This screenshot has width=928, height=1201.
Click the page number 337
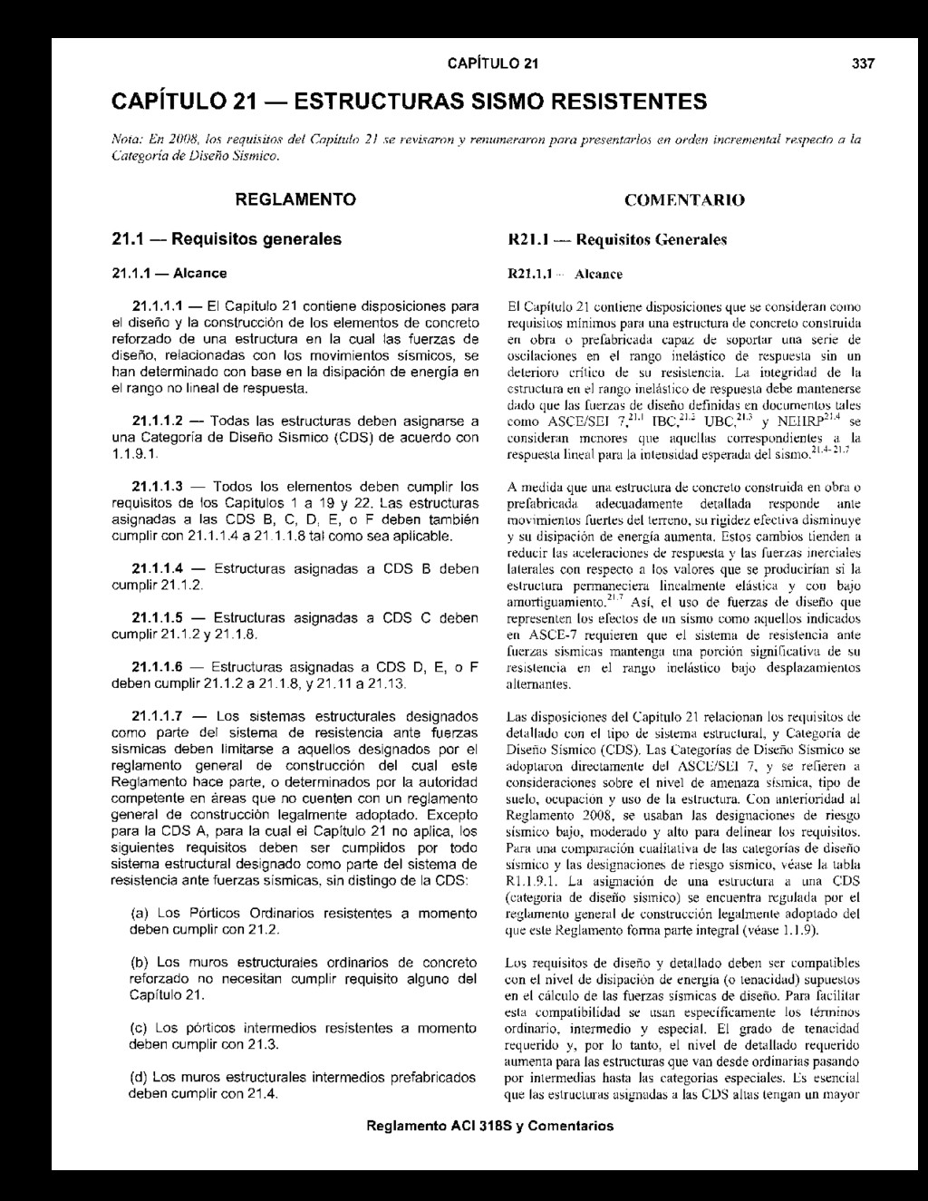(865, 63)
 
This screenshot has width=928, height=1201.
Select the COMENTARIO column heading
(684, 199)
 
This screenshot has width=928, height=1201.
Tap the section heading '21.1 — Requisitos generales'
(226, 239)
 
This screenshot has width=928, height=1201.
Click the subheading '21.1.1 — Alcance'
(169, 273)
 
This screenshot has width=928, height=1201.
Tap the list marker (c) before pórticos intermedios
(140, 1028)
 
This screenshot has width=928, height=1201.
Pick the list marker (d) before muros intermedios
(140, 1078)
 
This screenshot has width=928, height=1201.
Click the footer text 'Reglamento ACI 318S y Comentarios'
(489, 1127)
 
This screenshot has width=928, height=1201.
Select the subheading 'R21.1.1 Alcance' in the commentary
(565, 273)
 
